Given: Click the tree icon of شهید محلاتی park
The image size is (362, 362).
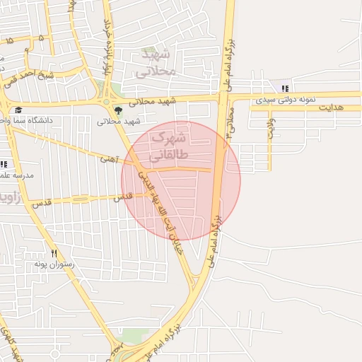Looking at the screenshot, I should (x=118, y=110).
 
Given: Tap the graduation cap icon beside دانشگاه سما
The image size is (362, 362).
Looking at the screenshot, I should (x=18, y=110).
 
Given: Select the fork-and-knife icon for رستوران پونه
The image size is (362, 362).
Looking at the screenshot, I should (x=54, y=253).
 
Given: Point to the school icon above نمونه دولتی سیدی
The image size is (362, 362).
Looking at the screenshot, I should (x=285, y=88).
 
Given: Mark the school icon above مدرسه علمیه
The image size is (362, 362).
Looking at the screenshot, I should (x=4, y=164).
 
